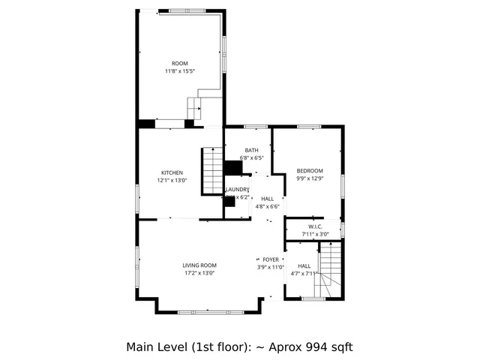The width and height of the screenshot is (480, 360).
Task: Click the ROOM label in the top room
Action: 179,63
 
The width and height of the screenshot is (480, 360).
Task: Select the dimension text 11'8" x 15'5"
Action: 179,71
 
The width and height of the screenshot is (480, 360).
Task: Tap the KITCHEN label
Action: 172,172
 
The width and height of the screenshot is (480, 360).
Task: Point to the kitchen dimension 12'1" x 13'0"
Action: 172,180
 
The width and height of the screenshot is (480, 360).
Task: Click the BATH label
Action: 251,150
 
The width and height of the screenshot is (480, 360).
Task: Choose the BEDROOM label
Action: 309,170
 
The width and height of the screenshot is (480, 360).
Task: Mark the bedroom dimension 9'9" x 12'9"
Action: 309,178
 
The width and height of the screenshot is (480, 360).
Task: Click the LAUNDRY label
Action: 238,189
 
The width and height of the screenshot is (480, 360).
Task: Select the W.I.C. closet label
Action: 315,226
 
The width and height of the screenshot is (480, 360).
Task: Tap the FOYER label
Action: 271,259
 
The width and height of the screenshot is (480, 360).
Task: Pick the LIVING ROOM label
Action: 199,265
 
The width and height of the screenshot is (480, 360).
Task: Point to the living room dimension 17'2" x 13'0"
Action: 199,274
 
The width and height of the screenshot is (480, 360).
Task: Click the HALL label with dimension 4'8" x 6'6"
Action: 267,199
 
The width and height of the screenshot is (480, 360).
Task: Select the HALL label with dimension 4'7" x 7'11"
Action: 304,266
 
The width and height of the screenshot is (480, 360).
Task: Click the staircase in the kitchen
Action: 211,172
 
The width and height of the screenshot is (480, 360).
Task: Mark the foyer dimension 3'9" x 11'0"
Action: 271,268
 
